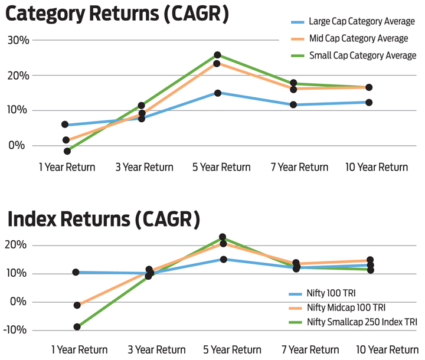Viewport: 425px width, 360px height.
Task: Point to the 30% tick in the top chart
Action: tap(18, 41)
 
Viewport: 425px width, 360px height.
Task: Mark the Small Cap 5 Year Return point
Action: tap(217, 55)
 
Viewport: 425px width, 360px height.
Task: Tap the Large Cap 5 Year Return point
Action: tap(218, 93)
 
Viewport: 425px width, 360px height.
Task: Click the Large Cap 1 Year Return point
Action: tap(65, 125)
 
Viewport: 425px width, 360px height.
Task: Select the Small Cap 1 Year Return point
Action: tap(67, 151)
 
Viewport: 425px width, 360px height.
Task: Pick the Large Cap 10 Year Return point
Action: tap(369, 102)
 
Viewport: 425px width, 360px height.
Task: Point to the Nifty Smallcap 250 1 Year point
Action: tap(77, 326)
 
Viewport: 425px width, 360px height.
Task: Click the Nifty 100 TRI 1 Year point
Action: tap(76, 272)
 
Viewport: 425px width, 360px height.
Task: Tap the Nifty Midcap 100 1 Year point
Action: tap(77, 305)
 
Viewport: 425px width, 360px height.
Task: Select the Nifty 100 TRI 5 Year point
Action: tap(223, 259)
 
